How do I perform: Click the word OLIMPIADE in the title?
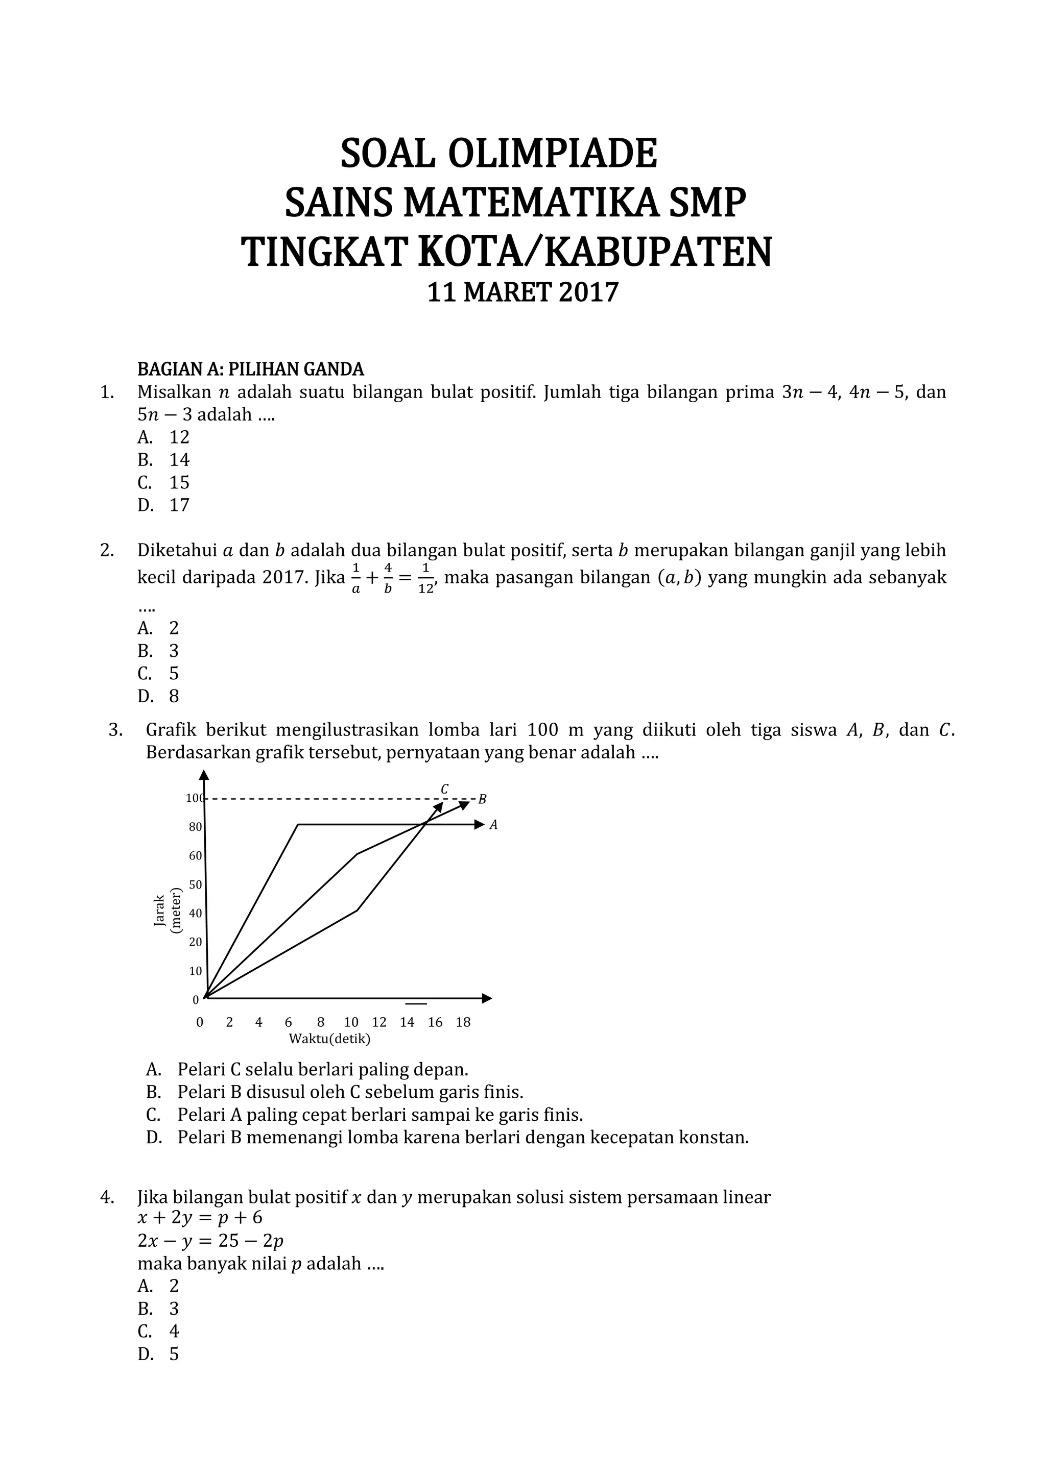pos(552,153)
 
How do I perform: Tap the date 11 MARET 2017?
pos(523,292)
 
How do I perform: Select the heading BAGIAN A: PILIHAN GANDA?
pos(251,369)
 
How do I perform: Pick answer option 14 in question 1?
pos(179,460)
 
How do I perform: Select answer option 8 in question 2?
pos(174,696)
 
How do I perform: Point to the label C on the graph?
pos(444,789)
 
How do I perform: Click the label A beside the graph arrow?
pos(493,825)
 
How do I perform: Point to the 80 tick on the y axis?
pos(195,827)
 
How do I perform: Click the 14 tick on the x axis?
pos(407,1022)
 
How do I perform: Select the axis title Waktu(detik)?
pos(329,1039)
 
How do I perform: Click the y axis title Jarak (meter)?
pos(168,910)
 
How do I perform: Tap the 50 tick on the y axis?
pos(195,884)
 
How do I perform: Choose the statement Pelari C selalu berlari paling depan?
pos(322,1069)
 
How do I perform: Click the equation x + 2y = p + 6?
pos(200,1217)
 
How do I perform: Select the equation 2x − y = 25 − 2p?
pos(210,1241)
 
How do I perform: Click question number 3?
pos(115,729)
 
